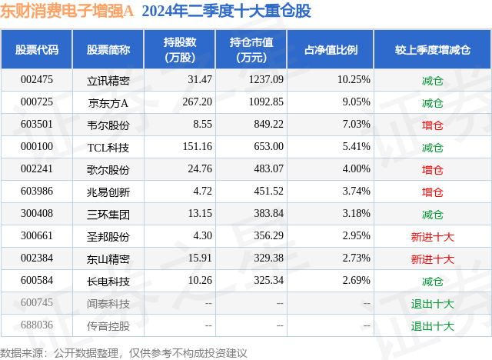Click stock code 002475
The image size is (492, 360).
click(37, 80)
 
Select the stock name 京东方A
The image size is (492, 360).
click(108, 102)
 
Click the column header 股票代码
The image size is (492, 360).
click(37, 50)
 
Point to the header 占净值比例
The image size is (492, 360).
click(336, 50)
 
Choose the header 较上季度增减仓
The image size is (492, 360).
click(432, 50)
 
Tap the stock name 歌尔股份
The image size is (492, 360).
click(108, 169)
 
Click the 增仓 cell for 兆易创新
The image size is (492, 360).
click(432, 192)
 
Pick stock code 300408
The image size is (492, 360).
click(37, 214)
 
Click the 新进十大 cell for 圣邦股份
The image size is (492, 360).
click(432, 236)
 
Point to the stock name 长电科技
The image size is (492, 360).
click(108, 281)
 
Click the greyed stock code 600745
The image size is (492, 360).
click(37, 303)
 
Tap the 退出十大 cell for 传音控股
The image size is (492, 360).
click(432, 325)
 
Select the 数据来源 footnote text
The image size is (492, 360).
click(123, 352)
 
